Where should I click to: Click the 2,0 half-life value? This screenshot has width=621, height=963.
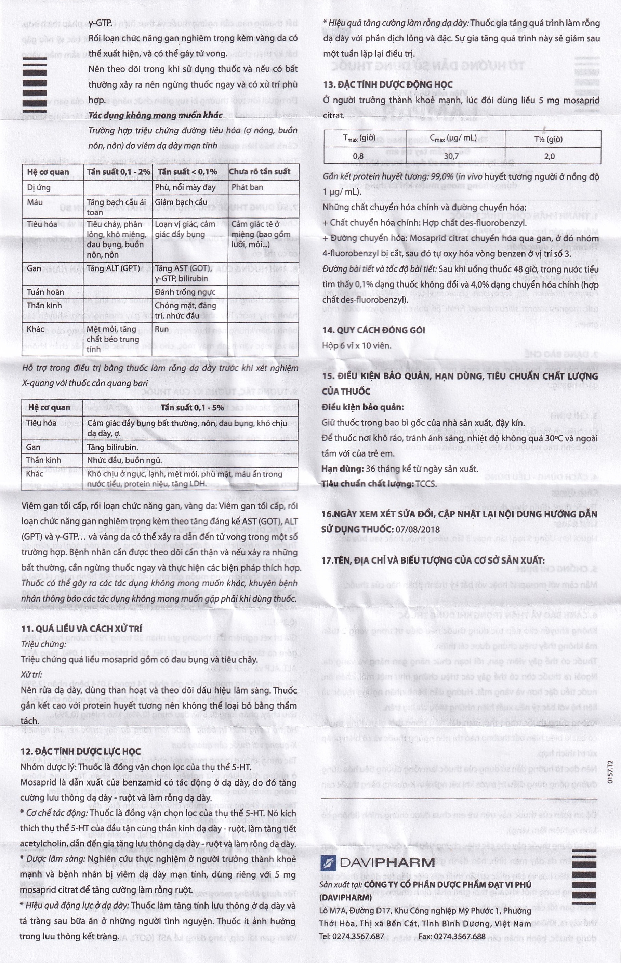pyautogui.click(x=549, y=156)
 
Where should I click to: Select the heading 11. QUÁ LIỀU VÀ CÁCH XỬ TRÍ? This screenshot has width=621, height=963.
pyautogui.click(x=81, y=628)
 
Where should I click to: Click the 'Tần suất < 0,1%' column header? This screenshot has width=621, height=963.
pyautogui.click(x=187, y=172)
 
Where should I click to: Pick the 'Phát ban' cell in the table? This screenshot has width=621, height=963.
pyautogui.click(x=247, y=187)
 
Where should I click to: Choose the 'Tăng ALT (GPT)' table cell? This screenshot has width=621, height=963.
pyautogui.click(x=113, y=268)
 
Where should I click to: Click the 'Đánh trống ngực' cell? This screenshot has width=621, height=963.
pyautogui.click(x=185, y=292)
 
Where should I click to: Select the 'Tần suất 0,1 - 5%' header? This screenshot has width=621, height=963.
pyautogui.click(x=192, y=407)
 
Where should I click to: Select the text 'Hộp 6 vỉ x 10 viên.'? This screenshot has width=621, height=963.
pyautogui.click(x=356, y=346)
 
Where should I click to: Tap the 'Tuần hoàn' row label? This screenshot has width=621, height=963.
pyautogui.click(x=45, y=292)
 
